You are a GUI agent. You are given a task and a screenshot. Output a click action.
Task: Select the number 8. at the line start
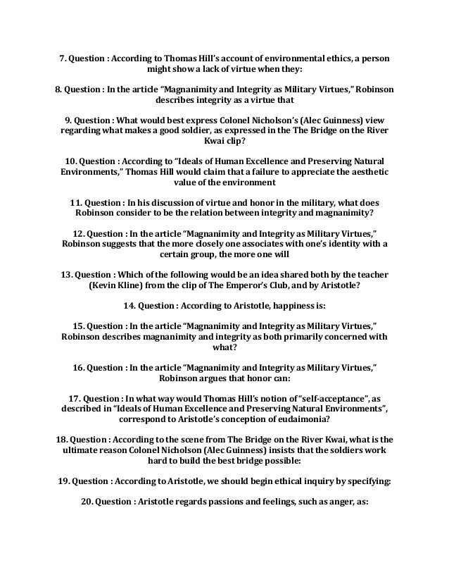[x=59, y=91]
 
